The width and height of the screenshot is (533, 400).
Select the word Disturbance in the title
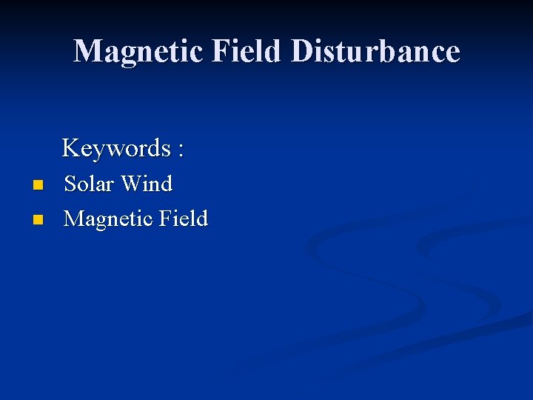tap(376, 51)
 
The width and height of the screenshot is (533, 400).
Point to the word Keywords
tap(116, 148)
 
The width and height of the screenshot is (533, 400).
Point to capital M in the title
tap(87, 51)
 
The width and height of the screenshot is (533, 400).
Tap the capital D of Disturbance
tap(304, 51)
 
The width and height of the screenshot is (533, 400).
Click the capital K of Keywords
tap(71, 148)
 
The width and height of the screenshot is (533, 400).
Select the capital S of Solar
tap(71, 183)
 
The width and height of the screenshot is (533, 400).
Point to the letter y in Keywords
tap(96, 150)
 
